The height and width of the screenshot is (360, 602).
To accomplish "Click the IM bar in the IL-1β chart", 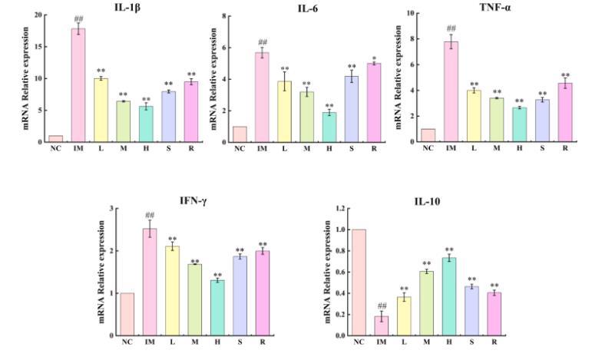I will [x=78, y=85].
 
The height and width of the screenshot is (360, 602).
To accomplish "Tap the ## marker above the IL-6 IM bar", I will [x=263, y=42].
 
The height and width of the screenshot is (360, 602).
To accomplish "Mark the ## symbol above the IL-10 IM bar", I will [x=382, y=306].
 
